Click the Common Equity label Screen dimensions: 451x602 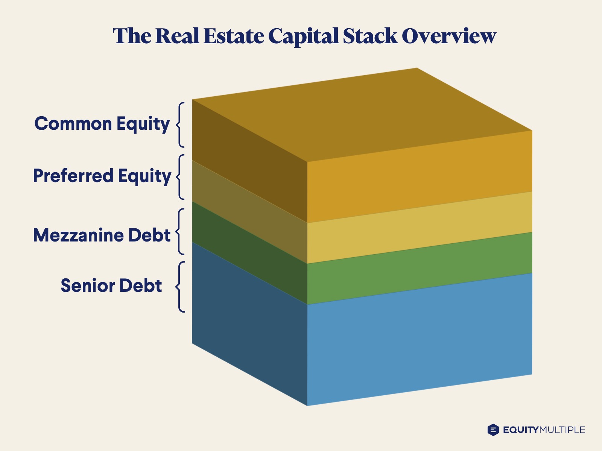pos(102,124)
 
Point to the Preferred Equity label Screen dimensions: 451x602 pos(102,176)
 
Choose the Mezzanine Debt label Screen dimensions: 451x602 pos(102,235)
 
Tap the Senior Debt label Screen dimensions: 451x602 pos(111,286)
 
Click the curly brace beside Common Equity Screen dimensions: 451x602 pos(181,125)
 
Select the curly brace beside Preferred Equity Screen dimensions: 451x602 pos(181,177)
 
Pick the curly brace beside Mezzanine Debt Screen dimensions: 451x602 pos(181,231)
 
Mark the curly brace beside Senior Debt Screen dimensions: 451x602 pos(181,287)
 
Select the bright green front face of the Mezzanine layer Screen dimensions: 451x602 pos(420,269)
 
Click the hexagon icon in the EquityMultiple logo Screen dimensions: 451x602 pos(493,430)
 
